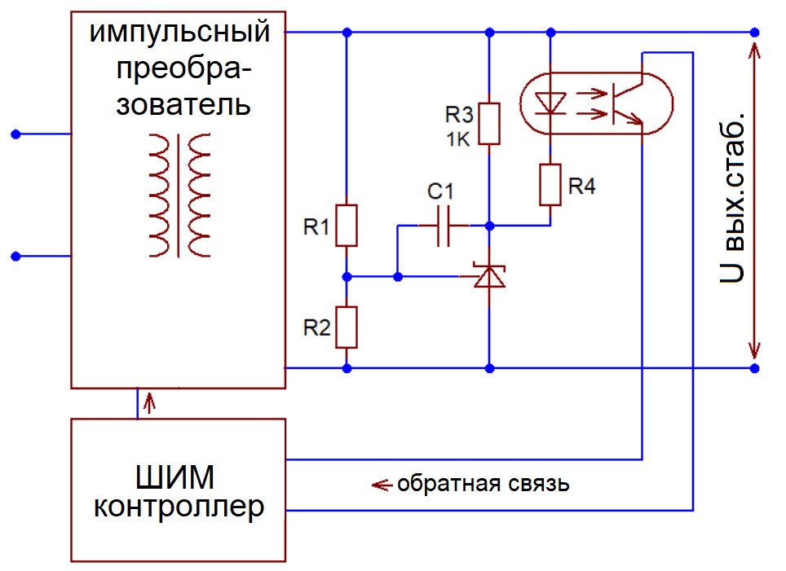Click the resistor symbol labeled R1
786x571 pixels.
[347, 226]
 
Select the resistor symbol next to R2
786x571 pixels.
[347, 327]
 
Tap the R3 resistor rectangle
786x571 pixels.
[489, 124]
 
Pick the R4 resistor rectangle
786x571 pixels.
[550, 184]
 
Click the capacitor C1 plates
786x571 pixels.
[444, 226]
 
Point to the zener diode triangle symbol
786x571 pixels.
[489, 276]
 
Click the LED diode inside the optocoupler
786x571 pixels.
[550, 103]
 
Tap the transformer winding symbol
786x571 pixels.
[179, 195]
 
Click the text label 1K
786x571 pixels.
[458, 140]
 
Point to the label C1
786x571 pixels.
[440, 191]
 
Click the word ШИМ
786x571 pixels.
[175, 477]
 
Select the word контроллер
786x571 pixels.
[179, 507]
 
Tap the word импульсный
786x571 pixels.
[179, 32]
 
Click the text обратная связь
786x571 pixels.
[484, 485]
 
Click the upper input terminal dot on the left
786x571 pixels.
[16, 134]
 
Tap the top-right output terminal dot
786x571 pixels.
[754, 33]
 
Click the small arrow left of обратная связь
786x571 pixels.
[382, 485]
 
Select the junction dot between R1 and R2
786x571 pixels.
[347, 276]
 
